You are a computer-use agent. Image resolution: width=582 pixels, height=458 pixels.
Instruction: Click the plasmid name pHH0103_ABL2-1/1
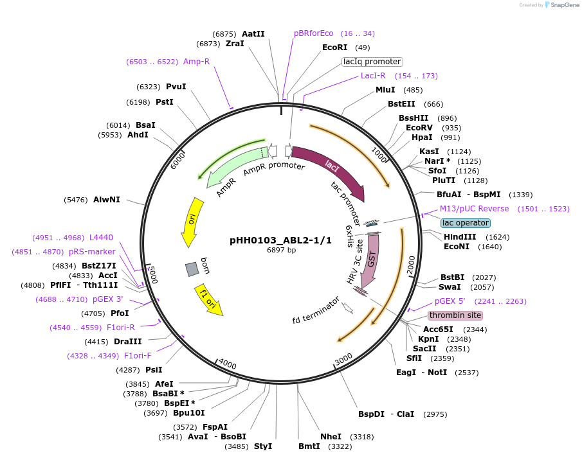point(280,240)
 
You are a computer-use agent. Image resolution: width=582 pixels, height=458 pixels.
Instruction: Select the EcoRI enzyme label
point(334,48)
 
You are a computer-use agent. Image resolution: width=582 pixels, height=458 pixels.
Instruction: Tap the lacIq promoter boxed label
point(372,62)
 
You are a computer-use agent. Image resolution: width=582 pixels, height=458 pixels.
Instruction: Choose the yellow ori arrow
point(191,222)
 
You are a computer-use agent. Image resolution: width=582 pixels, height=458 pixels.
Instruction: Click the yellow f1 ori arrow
point(209,300)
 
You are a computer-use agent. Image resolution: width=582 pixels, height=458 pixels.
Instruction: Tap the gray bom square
point(192,269)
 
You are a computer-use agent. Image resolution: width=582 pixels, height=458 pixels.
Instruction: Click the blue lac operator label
point(466,223)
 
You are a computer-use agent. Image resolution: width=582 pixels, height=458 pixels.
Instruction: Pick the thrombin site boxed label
point(455,315)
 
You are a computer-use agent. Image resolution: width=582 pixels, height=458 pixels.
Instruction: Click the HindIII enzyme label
point(460,236)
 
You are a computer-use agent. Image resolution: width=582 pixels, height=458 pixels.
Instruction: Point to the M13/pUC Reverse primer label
point(474,209)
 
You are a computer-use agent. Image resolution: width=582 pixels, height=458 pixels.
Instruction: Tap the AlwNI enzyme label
point(107,200)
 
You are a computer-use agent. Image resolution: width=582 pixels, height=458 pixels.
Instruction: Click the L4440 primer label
point(101,238)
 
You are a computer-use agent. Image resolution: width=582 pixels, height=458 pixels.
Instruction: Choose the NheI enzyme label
point(331,437)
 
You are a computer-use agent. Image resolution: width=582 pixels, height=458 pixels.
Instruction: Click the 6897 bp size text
point(281,251)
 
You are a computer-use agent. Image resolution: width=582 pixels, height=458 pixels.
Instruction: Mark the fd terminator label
point(315,310)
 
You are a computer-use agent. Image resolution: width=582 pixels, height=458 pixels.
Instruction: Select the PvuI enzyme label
point(176,87)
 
